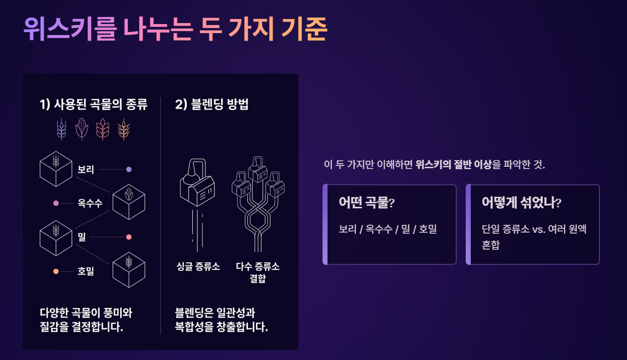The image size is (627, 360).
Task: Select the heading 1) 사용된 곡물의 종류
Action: point(94,105)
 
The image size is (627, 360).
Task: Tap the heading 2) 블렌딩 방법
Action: point(212,105)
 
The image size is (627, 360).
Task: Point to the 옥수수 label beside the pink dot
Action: point(90,203)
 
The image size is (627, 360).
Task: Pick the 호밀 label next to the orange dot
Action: point(86,271)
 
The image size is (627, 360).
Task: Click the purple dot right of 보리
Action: point(129,169)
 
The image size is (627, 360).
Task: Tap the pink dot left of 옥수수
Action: point(56,203)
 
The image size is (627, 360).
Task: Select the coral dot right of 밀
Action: point(129,237)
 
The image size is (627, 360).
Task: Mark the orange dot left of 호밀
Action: point(56,271)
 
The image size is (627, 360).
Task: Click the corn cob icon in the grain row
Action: point(82,129)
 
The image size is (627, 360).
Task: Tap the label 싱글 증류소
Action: point(198,266)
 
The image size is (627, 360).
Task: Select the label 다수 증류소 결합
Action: point(258,272)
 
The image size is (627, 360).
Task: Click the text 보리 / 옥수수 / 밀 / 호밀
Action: point(388,229)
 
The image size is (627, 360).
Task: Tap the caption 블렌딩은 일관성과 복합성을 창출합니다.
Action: point(221,320)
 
